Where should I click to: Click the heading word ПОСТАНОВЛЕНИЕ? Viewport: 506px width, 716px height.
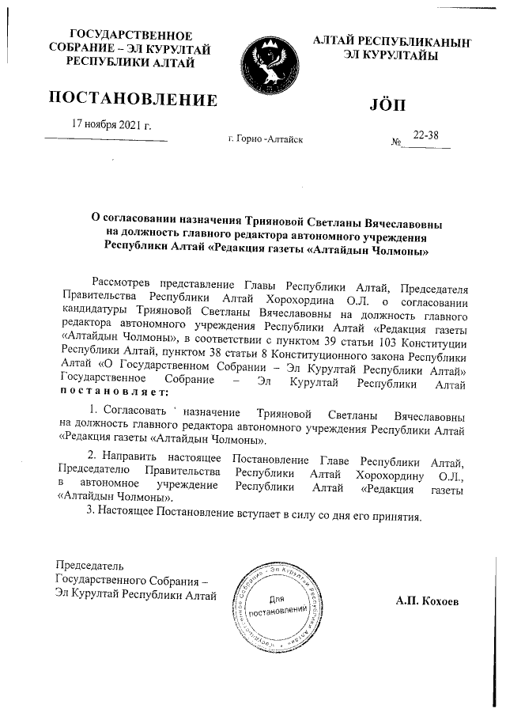(x=133, y=100)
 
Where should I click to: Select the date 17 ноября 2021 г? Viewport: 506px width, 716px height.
(x=111, y=125)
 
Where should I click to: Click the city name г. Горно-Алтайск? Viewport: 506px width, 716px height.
(x=265, y=140)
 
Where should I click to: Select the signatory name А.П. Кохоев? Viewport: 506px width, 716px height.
(x=430, y=601)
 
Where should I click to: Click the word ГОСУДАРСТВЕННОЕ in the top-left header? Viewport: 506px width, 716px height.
(x=132, y=36)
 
